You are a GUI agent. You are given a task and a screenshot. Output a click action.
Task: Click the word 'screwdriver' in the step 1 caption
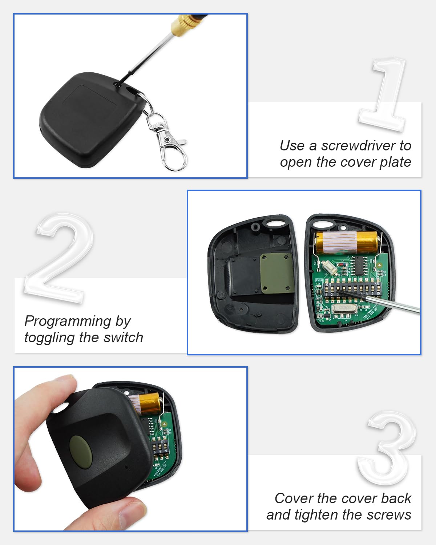(359, 146)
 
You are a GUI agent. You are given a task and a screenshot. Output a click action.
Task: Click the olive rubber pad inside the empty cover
(276, 273)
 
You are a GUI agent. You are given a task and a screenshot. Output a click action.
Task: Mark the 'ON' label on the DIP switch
(328, 284)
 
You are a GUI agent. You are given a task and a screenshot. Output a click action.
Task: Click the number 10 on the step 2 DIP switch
(378, 293)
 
